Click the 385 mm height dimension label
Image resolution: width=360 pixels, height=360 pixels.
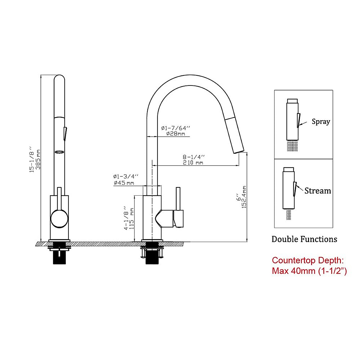pos(38,159)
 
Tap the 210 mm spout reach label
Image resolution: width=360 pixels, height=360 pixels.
pos(193,163)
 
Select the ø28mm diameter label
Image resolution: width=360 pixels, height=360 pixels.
pos(175,133)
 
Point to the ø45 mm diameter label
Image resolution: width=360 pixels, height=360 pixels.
pos(124,182)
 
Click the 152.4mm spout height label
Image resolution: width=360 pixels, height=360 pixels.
pos(244,197)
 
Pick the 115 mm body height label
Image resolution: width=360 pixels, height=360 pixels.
pos(132,219)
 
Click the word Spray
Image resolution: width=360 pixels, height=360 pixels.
pos(321,121)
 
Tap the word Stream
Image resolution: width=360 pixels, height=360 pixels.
pos(318,191)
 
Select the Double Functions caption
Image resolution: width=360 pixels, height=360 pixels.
pos(304,239)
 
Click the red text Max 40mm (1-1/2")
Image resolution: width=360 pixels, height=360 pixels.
pos(309,271)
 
